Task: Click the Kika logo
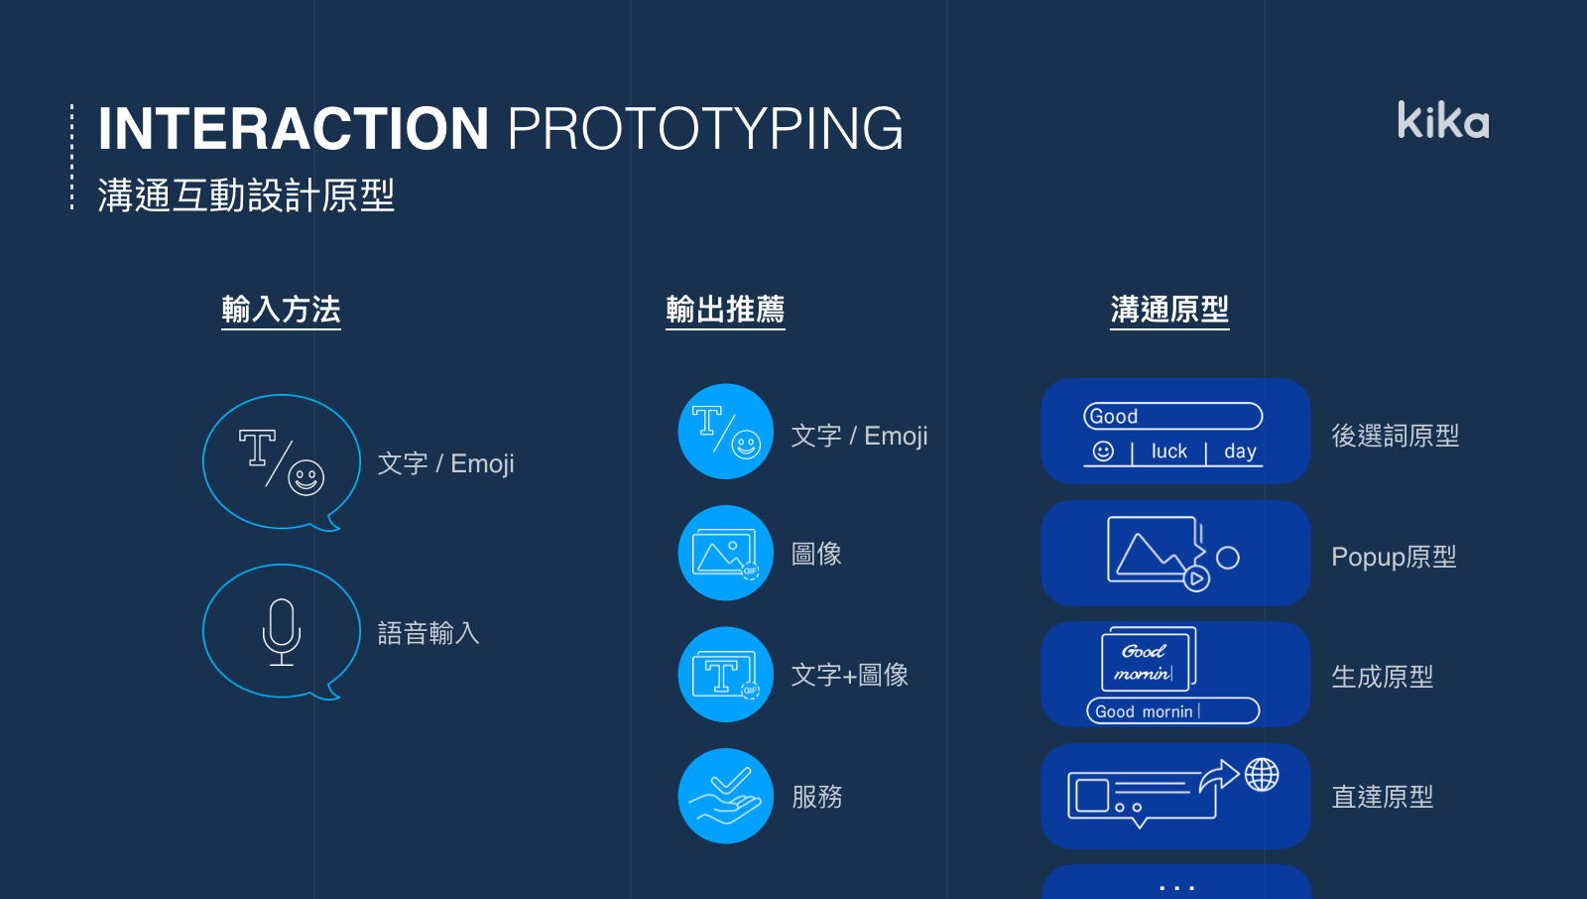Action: pos(1443,120)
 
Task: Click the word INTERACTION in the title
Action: pos(294,128)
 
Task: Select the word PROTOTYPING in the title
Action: pos(705,128)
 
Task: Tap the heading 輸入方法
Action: pos(282,310)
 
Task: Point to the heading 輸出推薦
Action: pos(725,310)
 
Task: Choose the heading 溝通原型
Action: pos(1169,310)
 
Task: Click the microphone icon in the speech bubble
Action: pos(282,632)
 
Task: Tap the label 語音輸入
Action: pos(428,633)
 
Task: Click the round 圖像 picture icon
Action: pos(725,553)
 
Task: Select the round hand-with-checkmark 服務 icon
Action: pos(725,796)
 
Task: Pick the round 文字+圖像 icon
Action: pos(725,675)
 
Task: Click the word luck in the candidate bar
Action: pos(1169,450)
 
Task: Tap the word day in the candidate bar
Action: pos(1240,451)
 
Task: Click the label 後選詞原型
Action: pos(1395,436)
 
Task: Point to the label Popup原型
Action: pos(1394,557)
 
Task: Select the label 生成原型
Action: pos(1383,677)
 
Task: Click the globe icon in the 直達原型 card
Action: pos(1262,774)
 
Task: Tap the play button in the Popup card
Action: pos(1196,578)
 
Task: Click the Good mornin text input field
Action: pos(1173,710)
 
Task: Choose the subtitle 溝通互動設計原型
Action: pos(246,194)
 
